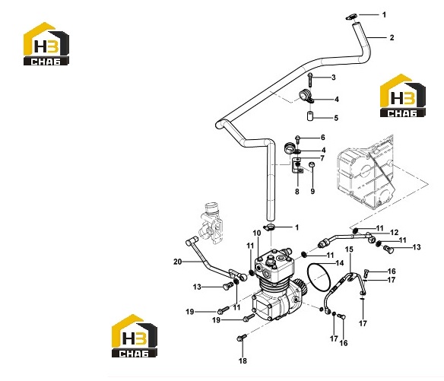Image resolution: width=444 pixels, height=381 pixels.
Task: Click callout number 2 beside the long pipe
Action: [392, 38]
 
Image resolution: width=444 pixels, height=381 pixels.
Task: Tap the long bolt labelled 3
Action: [310, 79]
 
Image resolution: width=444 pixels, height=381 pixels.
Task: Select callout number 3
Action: [333, 78]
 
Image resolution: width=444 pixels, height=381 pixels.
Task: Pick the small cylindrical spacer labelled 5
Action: [310, 116]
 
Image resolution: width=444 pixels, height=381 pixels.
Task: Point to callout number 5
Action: [336, 118]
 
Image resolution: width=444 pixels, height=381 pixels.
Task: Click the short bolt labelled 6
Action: [297, 139]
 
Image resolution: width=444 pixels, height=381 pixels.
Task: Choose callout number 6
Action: [322, 138]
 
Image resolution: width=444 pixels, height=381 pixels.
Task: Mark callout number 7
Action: [322, 158]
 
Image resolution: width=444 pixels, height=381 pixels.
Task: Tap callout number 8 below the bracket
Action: [297, 192]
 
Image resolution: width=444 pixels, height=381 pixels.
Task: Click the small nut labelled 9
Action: [312, 164]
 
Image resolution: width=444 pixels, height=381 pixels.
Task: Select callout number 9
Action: [312, 192]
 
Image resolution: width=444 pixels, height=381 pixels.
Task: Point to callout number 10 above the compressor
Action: [256, 233]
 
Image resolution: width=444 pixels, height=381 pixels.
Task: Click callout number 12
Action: [394, 233]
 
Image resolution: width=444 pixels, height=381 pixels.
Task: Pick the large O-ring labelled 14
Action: [308, 273]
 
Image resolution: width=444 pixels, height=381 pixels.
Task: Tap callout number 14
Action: [340, 263]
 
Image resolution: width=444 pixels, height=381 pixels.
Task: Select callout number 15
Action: [349, 249]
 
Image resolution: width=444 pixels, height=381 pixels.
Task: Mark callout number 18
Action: [243, 361]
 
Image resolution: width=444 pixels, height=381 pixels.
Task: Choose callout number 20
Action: [178, 262]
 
